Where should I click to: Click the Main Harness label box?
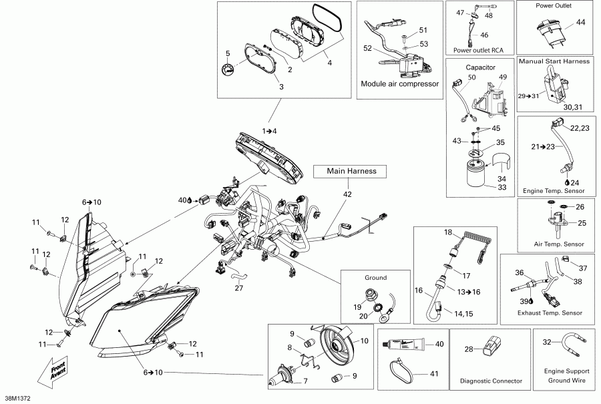(351, 172)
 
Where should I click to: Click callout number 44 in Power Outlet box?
(580, 22)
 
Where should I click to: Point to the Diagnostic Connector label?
(491, 381)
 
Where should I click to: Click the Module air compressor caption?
(399, 84)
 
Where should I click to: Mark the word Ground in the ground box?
(375, 277)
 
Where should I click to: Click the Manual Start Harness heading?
(555, 61)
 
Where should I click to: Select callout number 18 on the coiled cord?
(448, 232)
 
